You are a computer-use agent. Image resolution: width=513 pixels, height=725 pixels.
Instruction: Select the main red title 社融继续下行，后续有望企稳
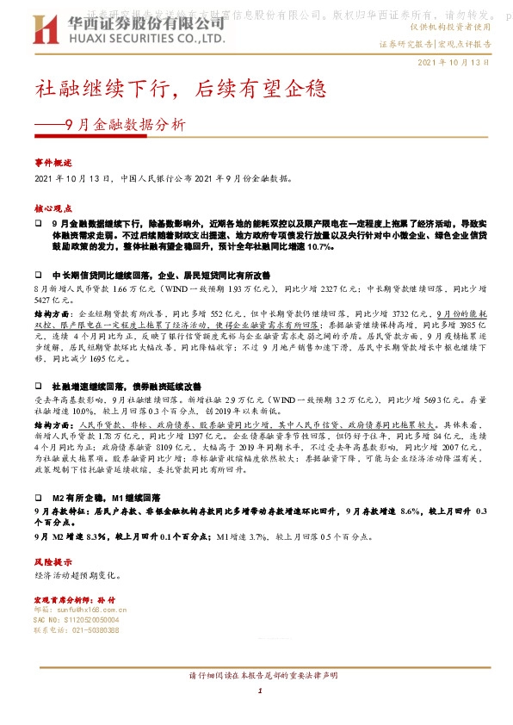181,89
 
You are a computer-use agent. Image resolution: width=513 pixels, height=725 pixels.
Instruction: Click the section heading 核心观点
53,208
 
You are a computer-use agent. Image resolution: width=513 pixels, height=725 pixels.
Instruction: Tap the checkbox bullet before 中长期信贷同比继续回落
39,273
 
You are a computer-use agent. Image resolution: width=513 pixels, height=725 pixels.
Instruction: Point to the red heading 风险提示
53,561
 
